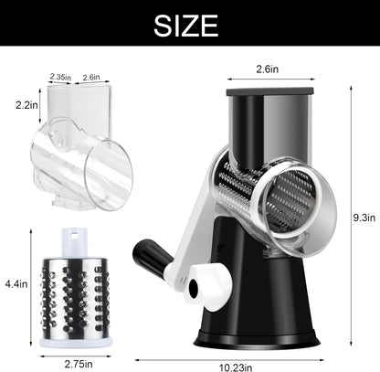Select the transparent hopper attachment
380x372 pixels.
(x=78, y=146)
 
